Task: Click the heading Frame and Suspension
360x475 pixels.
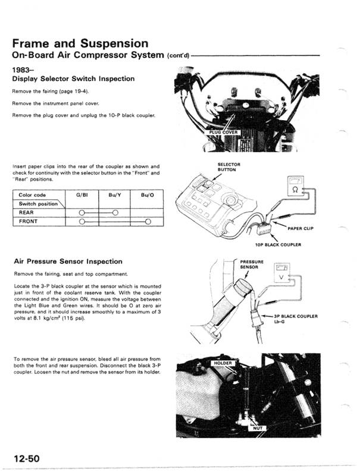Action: coord(80,43)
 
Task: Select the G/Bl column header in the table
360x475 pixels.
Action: coord(82,195)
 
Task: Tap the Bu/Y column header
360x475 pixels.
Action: coord(115,195)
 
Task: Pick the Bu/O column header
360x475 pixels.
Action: coord(148,195)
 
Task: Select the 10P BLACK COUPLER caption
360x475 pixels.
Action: coord(278,245)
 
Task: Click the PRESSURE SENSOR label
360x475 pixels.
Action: coord(251,265)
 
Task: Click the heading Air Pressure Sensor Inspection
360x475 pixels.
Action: coord(67,262)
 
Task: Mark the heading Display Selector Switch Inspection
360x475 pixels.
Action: coord(73,78)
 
